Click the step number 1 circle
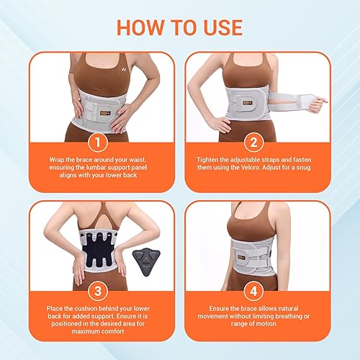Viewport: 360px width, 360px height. click(x=93, y=140)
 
